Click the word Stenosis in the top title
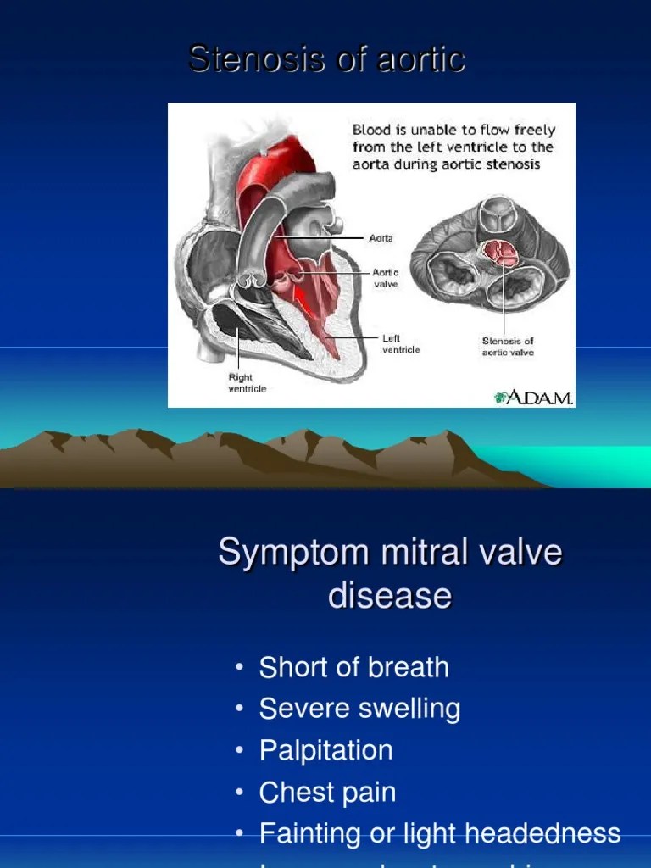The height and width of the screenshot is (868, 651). (242, 59)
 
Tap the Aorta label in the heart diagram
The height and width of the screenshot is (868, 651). (381, 239)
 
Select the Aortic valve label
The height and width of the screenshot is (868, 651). (386, 279)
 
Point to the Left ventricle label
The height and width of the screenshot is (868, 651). (401, 343)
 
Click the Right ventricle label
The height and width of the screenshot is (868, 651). (247, 383)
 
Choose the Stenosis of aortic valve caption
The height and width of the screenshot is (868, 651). (508, 347)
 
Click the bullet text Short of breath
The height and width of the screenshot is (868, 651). (353, 667)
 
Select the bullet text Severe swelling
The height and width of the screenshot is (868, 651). (359, 709)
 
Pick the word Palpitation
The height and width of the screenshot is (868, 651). (325, 750)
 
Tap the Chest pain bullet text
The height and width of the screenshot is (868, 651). (327, 793)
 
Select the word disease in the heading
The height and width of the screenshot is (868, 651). (389, 595)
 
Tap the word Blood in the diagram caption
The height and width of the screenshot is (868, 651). (370, 131)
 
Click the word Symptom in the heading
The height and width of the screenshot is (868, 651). (279, 553)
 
